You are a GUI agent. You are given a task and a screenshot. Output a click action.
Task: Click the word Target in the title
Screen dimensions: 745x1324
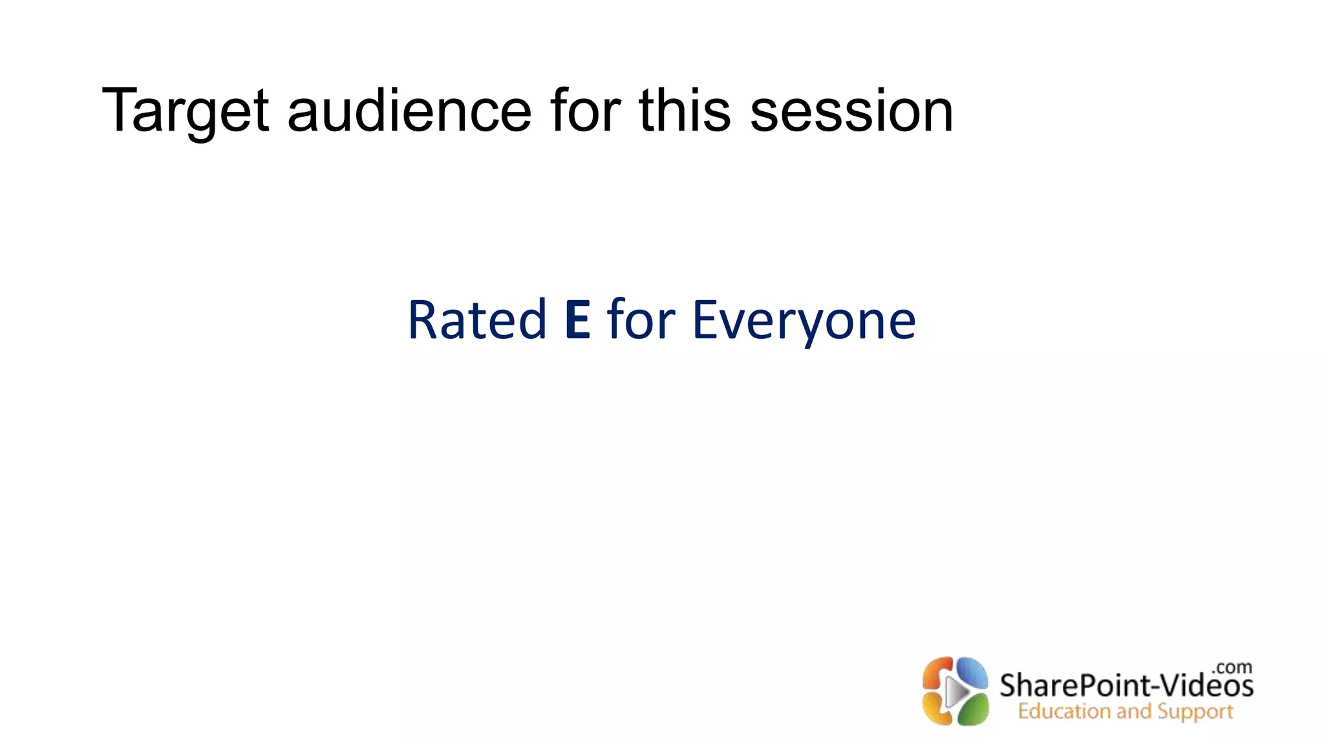tap(185, 111)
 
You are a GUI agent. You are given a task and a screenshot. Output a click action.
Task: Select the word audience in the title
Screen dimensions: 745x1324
tap(409, 111)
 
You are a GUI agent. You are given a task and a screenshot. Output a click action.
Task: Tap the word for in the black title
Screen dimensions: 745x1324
tap(586, 111)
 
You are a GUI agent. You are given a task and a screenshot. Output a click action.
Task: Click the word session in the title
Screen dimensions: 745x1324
tap(851, 111)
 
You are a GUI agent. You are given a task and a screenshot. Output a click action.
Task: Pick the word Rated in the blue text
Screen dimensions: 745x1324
tap(477, 319)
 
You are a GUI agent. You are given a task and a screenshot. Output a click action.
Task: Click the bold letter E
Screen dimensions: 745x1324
tap(577, 319)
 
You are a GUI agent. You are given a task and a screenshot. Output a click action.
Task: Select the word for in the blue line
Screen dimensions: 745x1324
tap(641, 319)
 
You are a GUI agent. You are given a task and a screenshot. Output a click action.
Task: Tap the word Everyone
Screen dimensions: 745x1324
tap(804, 321)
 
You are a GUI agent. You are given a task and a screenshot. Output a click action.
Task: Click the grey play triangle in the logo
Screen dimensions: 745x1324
tap(956, 693)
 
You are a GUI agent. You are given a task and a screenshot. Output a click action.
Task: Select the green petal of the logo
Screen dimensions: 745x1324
tap(971, 709)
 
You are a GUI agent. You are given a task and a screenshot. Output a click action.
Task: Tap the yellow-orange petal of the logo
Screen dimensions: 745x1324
tap(937, 709)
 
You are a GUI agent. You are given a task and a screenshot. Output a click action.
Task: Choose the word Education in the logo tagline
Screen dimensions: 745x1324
tap(1064, 712)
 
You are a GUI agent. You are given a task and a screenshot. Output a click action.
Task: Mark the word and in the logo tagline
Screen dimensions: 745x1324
tap(1133, 712)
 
